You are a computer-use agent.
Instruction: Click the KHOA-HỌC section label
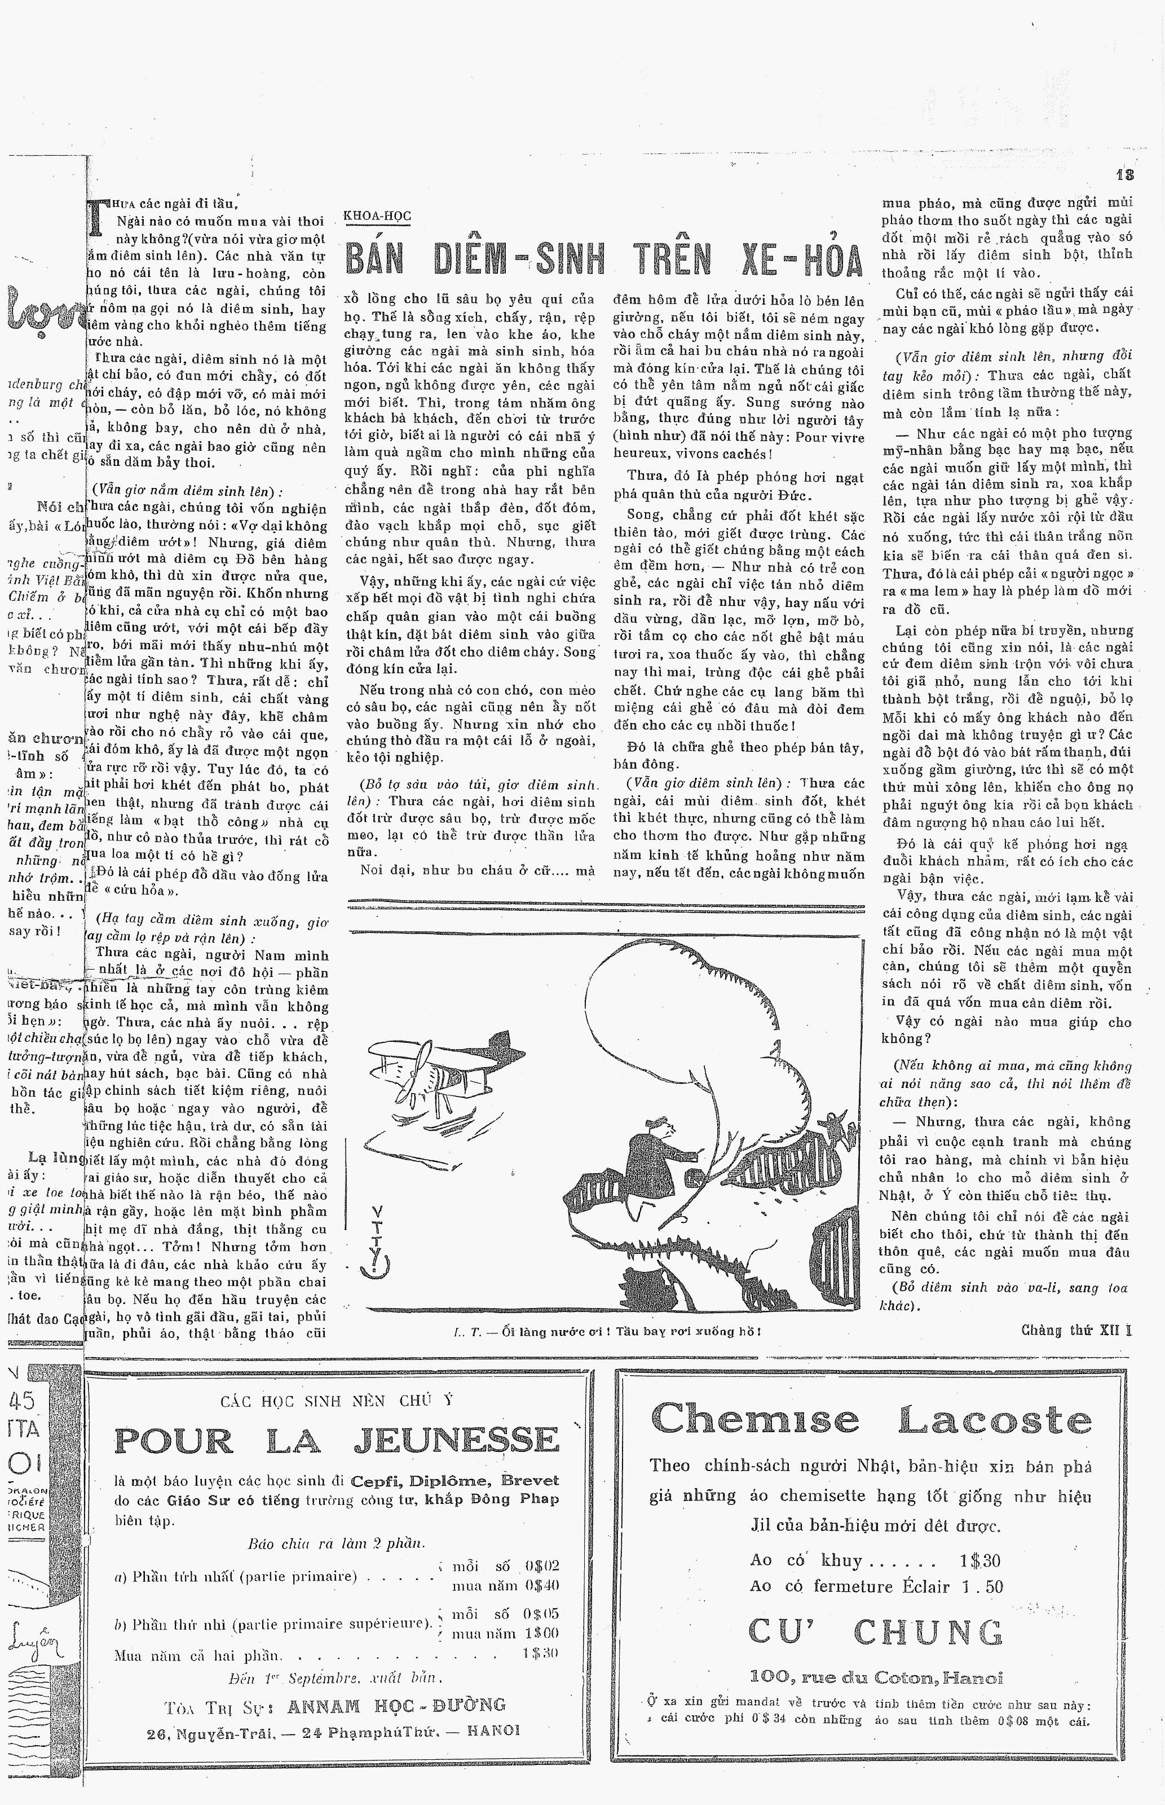(377, 217)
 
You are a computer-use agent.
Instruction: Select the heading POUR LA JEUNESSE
(337, 1441)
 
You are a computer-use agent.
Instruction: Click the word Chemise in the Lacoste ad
(754, 1420)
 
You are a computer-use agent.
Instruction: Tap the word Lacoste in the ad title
(995, 1420)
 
